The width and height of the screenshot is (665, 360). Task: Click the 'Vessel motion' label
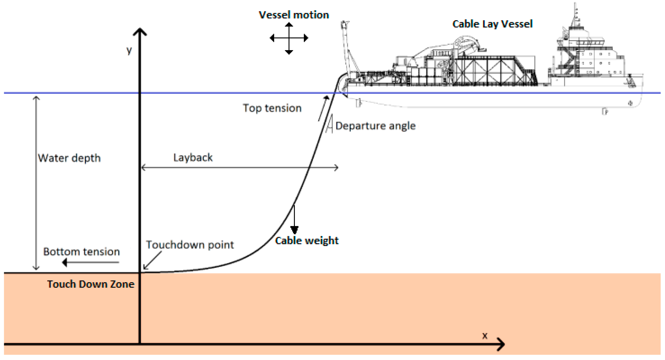[x=294, y=15]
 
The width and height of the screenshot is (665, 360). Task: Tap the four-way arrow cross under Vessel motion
[x=289, y=38]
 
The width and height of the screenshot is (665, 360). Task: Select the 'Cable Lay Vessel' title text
[x=492, y=24]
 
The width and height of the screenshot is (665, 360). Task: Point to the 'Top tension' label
[x=272, y=108]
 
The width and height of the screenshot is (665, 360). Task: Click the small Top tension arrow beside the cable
[x=324, y=108]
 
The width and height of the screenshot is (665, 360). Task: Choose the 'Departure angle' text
[x=375, y=126]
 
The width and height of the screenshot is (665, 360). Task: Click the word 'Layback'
[x=193, y=157]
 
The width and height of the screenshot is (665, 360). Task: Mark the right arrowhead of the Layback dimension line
[x=337, y=168]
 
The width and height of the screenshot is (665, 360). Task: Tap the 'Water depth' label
[x=69, y=158]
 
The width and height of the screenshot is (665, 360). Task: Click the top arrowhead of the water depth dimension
[x=36, y=98]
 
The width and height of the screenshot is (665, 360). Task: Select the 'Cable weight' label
[x=307, y=241]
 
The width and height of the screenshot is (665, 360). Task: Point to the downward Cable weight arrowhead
[x=295, y=230]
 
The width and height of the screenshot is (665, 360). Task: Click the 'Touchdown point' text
[x=190, y=245]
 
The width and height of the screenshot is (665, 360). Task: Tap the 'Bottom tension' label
[x=82, y=252]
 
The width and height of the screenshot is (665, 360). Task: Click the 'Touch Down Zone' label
[x=91, y=284]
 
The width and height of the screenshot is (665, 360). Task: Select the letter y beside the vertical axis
[x=129, y=50]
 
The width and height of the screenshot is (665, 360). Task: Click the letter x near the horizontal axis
[x=485, y=336]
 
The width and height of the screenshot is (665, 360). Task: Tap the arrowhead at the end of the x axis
[x=502, y=345]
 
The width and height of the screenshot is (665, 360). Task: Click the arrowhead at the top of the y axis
[x=140, y=31]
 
